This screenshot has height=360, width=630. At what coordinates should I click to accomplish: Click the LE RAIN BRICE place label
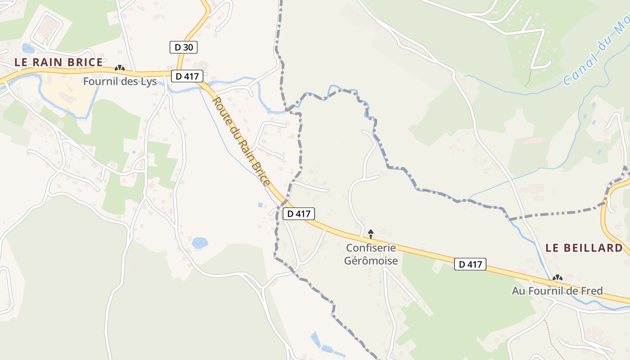(x=58, y=62)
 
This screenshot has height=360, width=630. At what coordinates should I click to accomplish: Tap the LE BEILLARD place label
(x=584, y=247)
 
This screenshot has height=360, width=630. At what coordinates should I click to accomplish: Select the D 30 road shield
(x=184, y=47)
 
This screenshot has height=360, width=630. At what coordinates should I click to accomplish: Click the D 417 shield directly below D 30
(x=187, y=76)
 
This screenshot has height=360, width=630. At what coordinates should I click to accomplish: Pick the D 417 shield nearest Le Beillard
(x=471, y=264)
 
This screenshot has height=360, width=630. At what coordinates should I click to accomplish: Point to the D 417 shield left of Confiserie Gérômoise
(x=299, y=213)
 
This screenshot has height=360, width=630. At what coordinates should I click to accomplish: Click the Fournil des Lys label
(x=120, y=81)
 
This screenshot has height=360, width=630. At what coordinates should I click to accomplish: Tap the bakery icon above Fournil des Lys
(x=119, y=68)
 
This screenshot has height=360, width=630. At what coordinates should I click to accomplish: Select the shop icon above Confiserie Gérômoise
(x=371, y=233)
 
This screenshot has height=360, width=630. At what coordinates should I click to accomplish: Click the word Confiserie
(x=371, y=247)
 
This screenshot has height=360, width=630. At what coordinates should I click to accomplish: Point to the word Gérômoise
(x=371, y=260)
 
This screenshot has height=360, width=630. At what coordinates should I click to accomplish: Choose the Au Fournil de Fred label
(x=557, y=291)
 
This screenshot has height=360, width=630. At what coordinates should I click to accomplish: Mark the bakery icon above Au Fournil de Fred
(x=558, y=278)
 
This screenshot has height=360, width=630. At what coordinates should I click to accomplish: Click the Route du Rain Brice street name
(x=241, y=141)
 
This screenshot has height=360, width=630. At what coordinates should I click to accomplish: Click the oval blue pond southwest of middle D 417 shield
(x=200, y=243)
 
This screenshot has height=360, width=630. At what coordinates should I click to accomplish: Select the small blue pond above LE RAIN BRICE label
(x=27, y=48)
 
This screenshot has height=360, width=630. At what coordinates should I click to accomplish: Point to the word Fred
(x=593, y=291)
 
